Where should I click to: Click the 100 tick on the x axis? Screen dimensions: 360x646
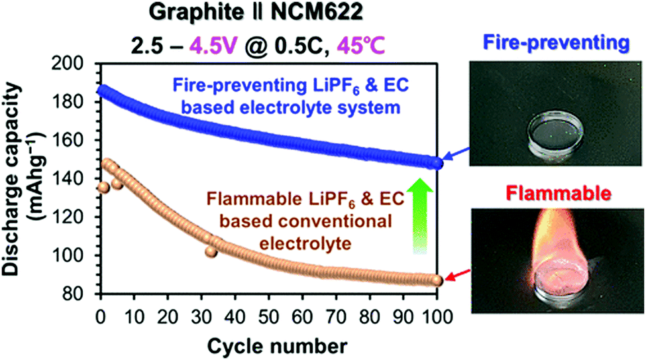[x=436, y=314]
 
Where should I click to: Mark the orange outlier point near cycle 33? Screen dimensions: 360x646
[x=211, y=251]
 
